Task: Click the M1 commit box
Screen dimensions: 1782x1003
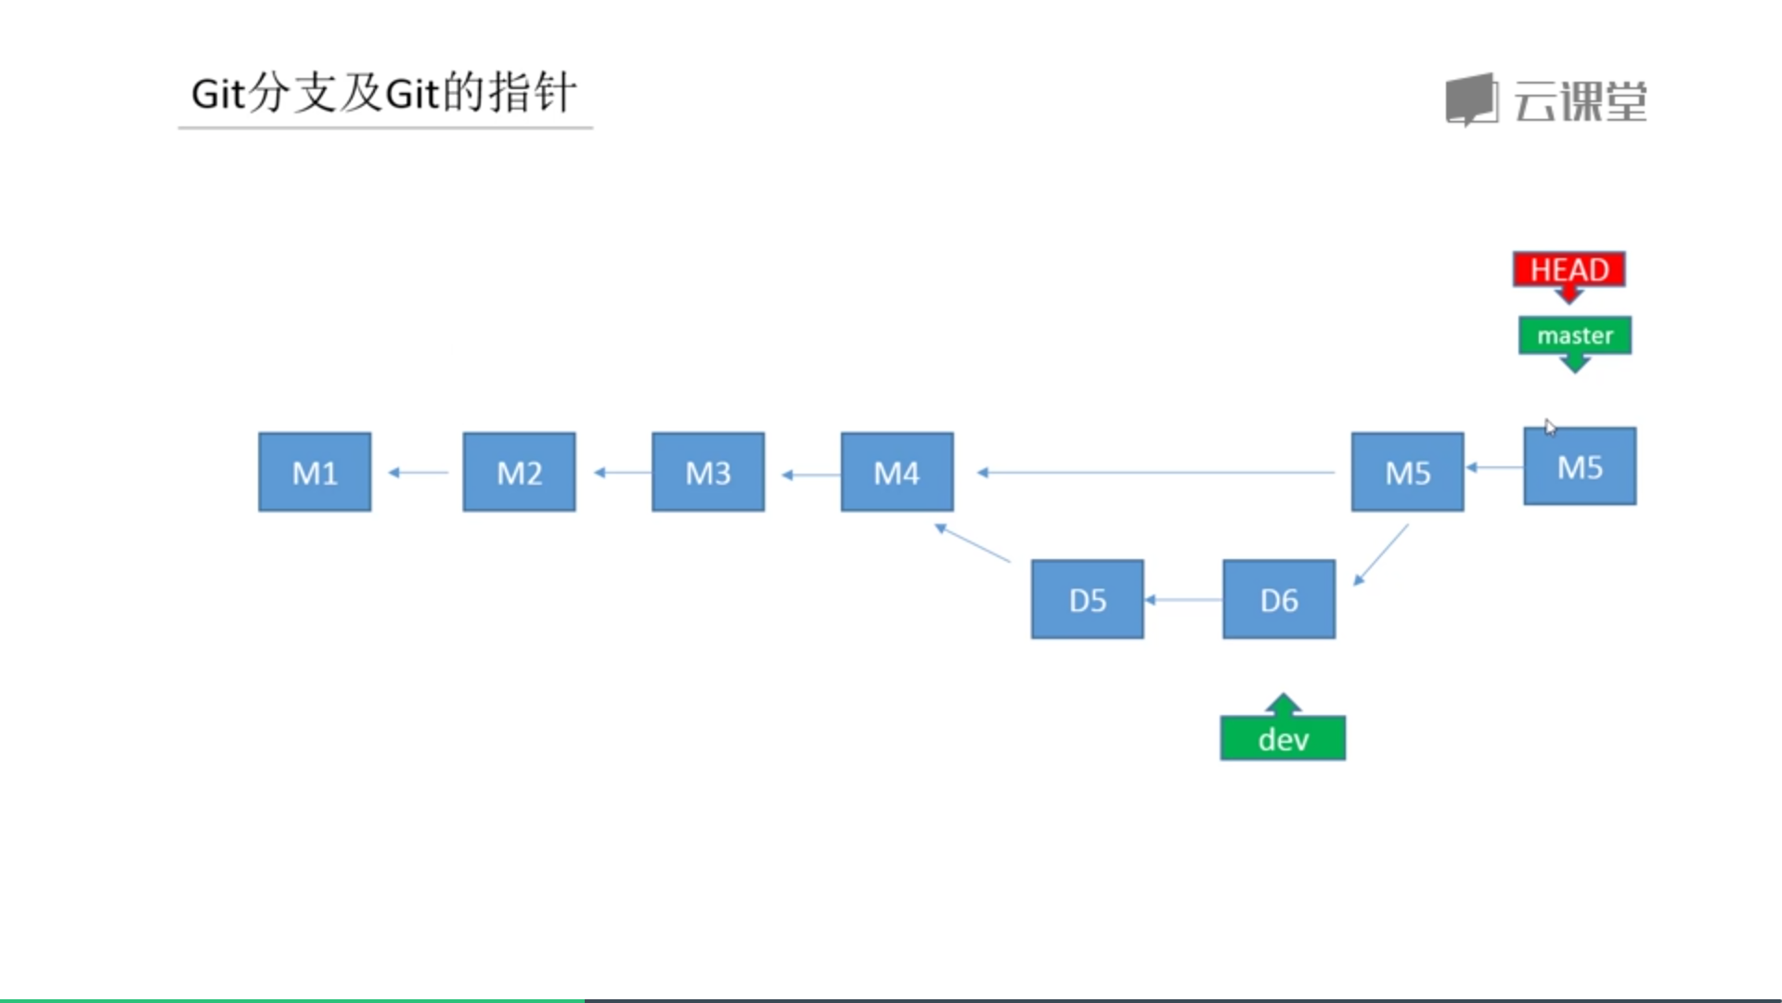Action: pyautogui.click(x=315, y=472)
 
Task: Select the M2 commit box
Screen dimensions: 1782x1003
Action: pyautogui.click(x=519, y=472)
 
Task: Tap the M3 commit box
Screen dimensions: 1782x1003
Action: pyautogui.click(x=708, y=472)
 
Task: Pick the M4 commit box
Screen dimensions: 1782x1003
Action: pyautogui.click(x=897, y=472)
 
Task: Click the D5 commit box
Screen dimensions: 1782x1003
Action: pyautogui.click(x=1087, y=599)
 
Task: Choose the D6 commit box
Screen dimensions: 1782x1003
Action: pyautogui.click(x=1279, y=599)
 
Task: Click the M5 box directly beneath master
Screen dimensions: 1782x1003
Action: pyautogui.click(x=1580, y=466)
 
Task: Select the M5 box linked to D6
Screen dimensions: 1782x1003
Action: pyautogui.click(x=1407, y=472)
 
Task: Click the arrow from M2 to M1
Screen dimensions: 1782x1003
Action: pyautogui.click(x=418, y=473)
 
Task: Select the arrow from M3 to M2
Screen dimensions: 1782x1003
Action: pyautogui.click(x=623, y=473)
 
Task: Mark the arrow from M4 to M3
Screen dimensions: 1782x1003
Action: pyautogui.click(x=811, y=475)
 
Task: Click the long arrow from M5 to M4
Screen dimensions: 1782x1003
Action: pyautogui.click(x=1156, y=473)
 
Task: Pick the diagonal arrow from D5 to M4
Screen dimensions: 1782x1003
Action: pyautogui.click(x=973, y=542)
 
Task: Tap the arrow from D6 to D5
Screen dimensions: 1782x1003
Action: pyautogui.click(x=1183, y=600)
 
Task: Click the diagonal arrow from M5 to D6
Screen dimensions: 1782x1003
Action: pyautogui.click(x=1381, y=555)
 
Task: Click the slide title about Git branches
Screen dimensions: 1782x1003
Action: pyautogui.click(x=384, y=93)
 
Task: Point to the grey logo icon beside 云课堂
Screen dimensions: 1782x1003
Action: pyautogui.click(x=1472, y=99)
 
